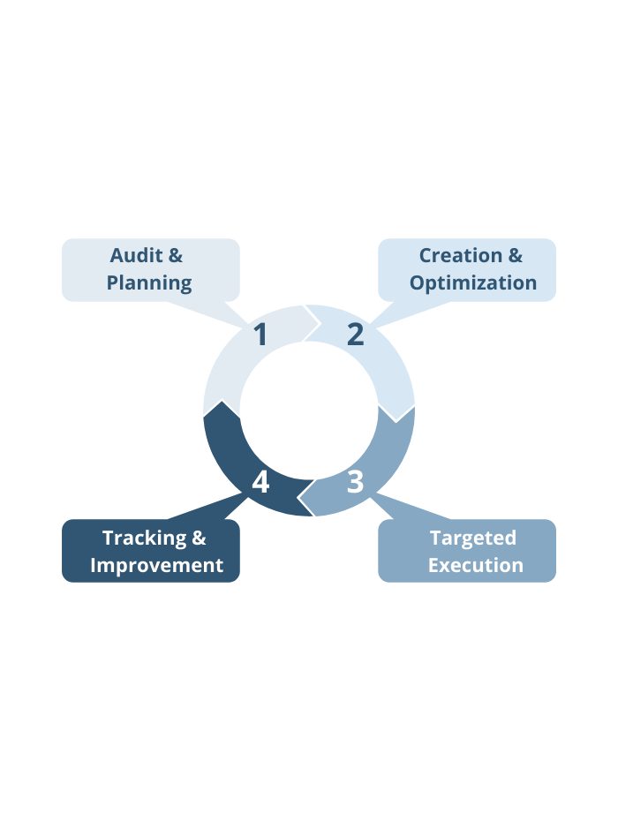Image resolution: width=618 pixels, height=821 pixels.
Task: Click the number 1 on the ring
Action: [260, 334]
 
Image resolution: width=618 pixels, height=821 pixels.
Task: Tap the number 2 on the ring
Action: [356, 334]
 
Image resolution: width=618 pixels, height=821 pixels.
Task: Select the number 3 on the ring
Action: [356, 482]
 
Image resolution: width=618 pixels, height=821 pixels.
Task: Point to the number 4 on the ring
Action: [260, 482]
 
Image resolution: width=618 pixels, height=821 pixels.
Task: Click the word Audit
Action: [136, 255]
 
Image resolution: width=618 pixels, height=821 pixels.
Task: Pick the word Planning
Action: [149, 283]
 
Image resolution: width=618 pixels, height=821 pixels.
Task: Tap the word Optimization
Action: [473, 283]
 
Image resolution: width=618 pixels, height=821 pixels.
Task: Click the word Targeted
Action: [473, 539]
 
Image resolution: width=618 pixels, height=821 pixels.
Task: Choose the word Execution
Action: [476, 566]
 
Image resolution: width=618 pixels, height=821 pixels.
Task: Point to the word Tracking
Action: [144, 539]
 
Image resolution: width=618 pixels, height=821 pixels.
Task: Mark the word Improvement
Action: [156, 566]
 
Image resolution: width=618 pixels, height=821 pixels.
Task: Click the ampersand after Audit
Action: [176, 255]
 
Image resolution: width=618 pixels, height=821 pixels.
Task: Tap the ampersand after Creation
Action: [516, 255]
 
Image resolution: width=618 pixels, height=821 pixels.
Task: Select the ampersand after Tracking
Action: [199, 539]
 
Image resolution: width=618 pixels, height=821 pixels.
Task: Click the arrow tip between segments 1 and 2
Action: [320, 324]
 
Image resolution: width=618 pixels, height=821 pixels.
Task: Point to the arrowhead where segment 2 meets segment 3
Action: [396, 421]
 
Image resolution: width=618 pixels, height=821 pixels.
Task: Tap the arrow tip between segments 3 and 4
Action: [298, 496]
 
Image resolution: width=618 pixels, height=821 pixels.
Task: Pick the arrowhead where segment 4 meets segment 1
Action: [222, 401]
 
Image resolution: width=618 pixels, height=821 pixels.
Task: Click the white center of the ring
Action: [309, 410]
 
